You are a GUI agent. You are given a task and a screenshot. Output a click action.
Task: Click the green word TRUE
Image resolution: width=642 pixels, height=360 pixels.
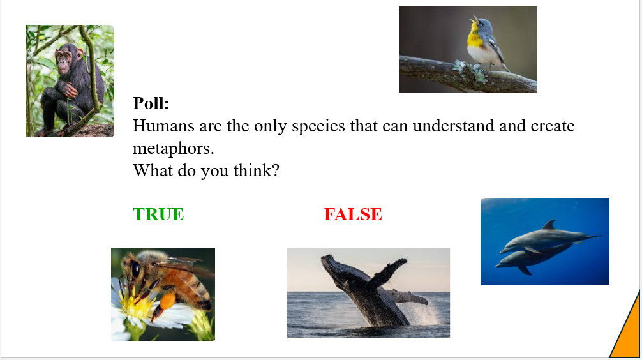point(158,214)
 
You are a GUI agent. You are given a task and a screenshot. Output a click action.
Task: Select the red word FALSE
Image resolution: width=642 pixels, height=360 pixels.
point(353,214)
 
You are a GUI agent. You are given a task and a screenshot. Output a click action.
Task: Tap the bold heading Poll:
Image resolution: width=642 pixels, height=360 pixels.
point(151,103)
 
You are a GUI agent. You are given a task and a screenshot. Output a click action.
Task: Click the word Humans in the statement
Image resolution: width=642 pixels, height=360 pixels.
point(163,126)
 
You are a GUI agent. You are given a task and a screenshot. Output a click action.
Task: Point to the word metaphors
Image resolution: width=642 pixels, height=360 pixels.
point(173,149)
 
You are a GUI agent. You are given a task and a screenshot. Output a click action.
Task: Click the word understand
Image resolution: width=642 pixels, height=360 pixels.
point(454,126)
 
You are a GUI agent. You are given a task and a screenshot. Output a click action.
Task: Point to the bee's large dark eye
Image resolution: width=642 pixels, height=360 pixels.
point(135,269)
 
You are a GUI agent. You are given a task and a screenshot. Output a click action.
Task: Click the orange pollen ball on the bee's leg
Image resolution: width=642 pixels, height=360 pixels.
point(168,301)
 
